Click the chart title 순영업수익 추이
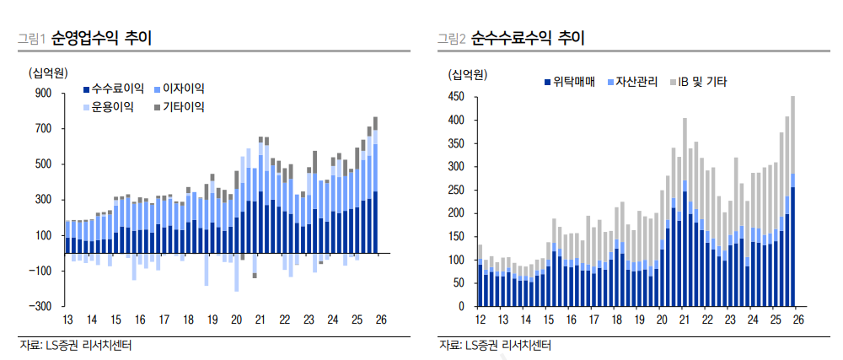pyautogui.click(x=100, y=38)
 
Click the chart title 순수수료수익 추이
pyautogui.click(x=528, y=38)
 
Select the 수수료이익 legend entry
pyautogui.click(x=118, y=88)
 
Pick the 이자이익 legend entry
pyautogui.click(x=183, y=88)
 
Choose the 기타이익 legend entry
pyautogui.click(x=183, y=107)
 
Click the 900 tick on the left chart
pyautogui.click(x=44, y=94)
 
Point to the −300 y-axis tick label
pyautogui.click(x=40, y=306)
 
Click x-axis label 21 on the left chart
pyautogui.click(x=260, y=320)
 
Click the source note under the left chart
pyautogui.click(x=76, y=345)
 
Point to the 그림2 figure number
pyautogui.click(x=451, y=39)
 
